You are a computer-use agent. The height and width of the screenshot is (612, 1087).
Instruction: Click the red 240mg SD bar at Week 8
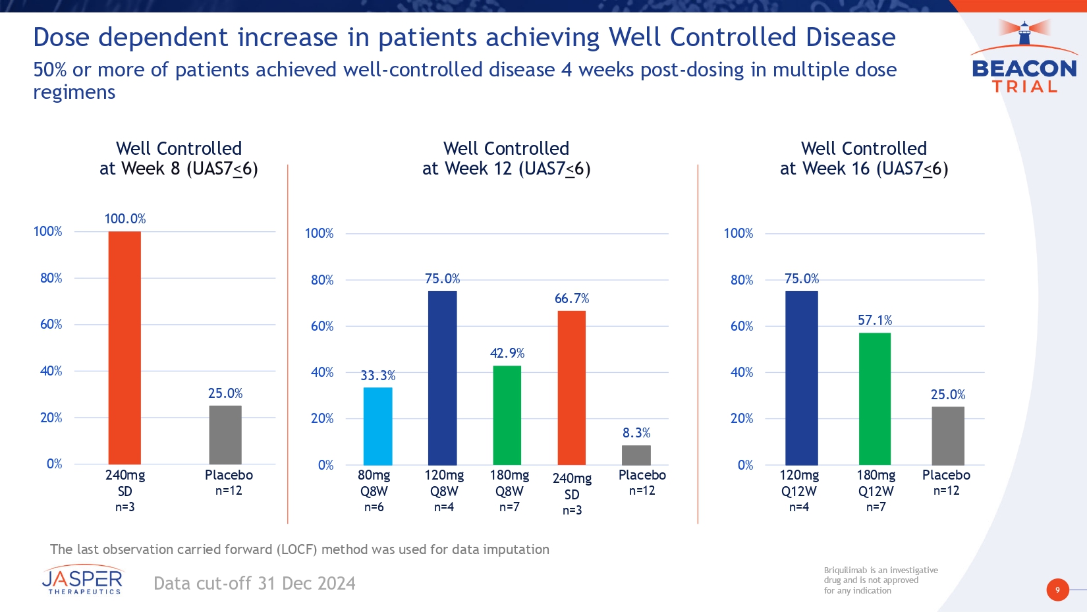[125, 348]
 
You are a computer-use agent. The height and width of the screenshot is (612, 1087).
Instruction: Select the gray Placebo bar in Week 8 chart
[225, 435]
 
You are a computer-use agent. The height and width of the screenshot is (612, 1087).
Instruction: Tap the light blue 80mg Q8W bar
[377, 426]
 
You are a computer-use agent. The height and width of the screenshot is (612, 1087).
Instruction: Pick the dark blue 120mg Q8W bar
[442, 378]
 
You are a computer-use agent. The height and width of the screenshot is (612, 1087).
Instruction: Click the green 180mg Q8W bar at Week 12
[507, 415]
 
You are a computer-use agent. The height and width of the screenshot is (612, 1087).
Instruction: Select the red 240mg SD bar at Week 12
[571, 388]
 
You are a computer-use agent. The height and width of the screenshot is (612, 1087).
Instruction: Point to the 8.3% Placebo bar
[636, 455]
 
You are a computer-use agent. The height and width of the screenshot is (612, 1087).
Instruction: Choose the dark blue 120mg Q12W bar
[801, 378]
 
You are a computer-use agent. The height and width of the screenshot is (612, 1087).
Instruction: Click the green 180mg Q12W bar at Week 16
[874, 399]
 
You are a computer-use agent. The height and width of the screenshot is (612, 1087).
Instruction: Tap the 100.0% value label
[125, 219]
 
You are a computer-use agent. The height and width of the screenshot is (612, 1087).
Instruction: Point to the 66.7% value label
[572, 298]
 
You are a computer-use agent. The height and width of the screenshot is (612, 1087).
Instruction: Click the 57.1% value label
[875, 320]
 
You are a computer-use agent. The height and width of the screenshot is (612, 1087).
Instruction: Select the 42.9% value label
[507, 353]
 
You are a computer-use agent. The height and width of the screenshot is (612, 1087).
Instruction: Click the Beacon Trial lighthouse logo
[1024, 57]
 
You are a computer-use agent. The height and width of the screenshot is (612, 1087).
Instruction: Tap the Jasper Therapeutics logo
[83, 580]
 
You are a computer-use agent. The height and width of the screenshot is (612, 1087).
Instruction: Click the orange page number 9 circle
[1057, 590]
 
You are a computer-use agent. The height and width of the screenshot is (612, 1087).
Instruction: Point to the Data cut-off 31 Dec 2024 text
[254, 584]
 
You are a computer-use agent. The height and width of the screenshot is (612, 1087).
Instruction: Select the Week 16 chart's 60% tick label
[742, 326]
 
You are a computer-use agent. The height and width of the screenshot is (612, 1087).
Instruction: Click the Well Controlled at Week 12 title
[506, 158]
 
